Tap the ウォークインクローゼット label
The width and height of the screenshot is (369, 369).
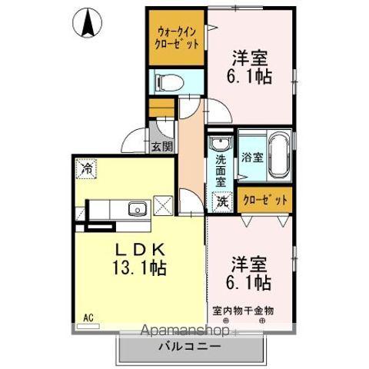[x=178, y=38]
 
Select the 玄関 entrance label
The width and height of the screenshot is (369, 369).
[x=161, y=147]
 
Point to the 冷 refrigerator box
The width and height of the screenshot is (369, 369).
[x=85, y=168]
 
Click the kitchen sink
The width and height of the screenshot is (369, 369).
[x=137, y=208]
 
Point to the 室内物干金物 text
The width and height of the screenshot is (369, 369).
[x=244, y=311]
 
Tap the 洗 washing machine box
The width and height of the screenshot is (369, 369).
[x=221, y=202]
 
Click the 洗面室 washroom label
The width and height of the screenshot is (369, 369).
[x=221, y=171]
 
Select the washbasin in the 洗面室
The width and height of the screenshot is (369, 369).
[x=221, y=145]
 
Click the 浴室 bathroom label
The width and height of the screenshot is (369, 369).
[x=252, y=159]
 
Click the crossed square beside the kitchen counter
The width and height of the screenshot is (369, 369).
[x=163, y=205]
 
